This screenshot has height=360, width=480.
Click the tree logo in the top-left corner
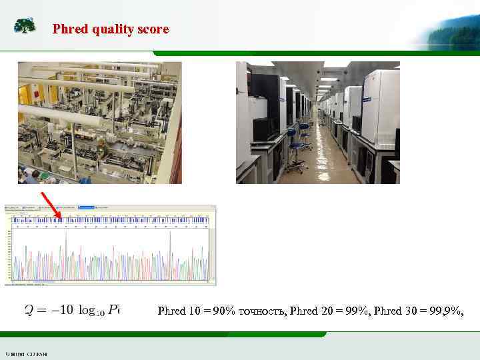click(25, 26)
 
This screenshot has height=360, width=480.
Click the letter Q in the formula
click(30, 310)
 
